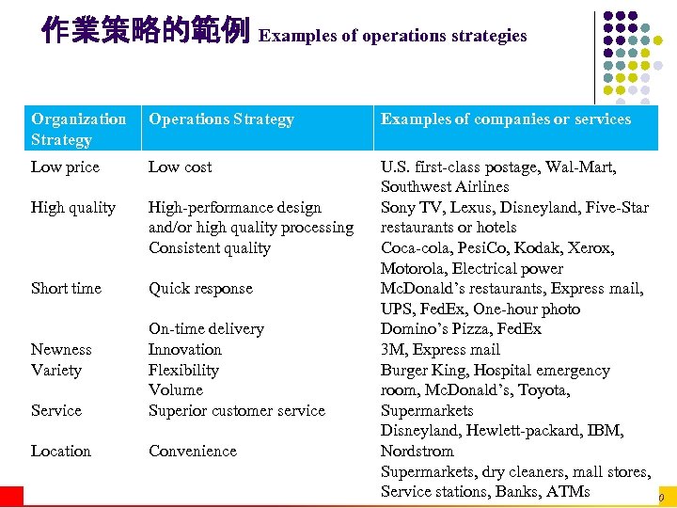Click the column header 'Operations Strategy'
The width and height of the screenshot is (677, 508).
[221, 119]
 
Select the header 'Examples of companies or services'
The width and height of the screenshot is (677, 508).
[505, 119]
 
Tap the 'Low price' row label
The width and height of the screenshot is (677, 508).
[65, 167]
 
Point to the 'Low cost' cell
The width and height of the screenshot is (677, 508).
[181, 167]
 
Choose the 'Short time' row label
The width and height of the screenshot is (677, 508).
[66, 289]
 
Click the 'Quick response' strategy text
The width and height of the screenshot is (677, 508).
[200, 289]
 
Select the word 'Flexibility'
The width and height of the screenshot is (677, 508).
[183, 370]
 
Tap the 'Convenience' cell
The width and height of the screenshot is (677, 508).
[193, 452]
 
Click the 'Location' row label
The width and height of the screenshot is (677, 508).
[61, 452]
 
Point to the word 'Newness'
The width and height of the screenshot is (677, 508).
[61, 349]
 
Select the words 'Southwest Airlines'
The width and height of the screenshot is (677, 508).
[445, 187]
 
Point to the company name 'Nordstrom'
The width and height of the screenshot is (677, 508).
[417, 451]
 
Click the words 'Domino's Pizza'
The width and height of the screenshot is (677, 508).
[434, 329]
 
